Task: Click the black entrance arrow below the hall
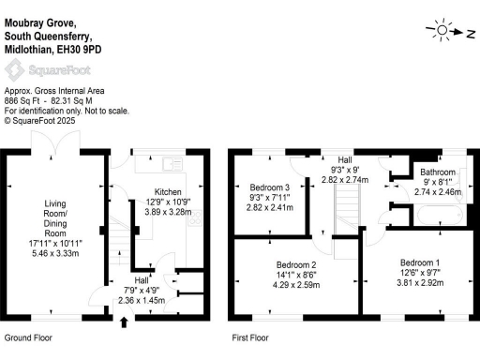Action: pyautogui.click(x=124, y=324)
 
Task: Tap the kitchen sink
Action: pyautogui.click(x=170, y=165)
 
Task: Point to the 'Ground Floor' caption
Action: pyautogui.click(x=29, y=336)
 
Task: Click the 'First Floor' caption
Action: pyautogui.click(x=250, y=336)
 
